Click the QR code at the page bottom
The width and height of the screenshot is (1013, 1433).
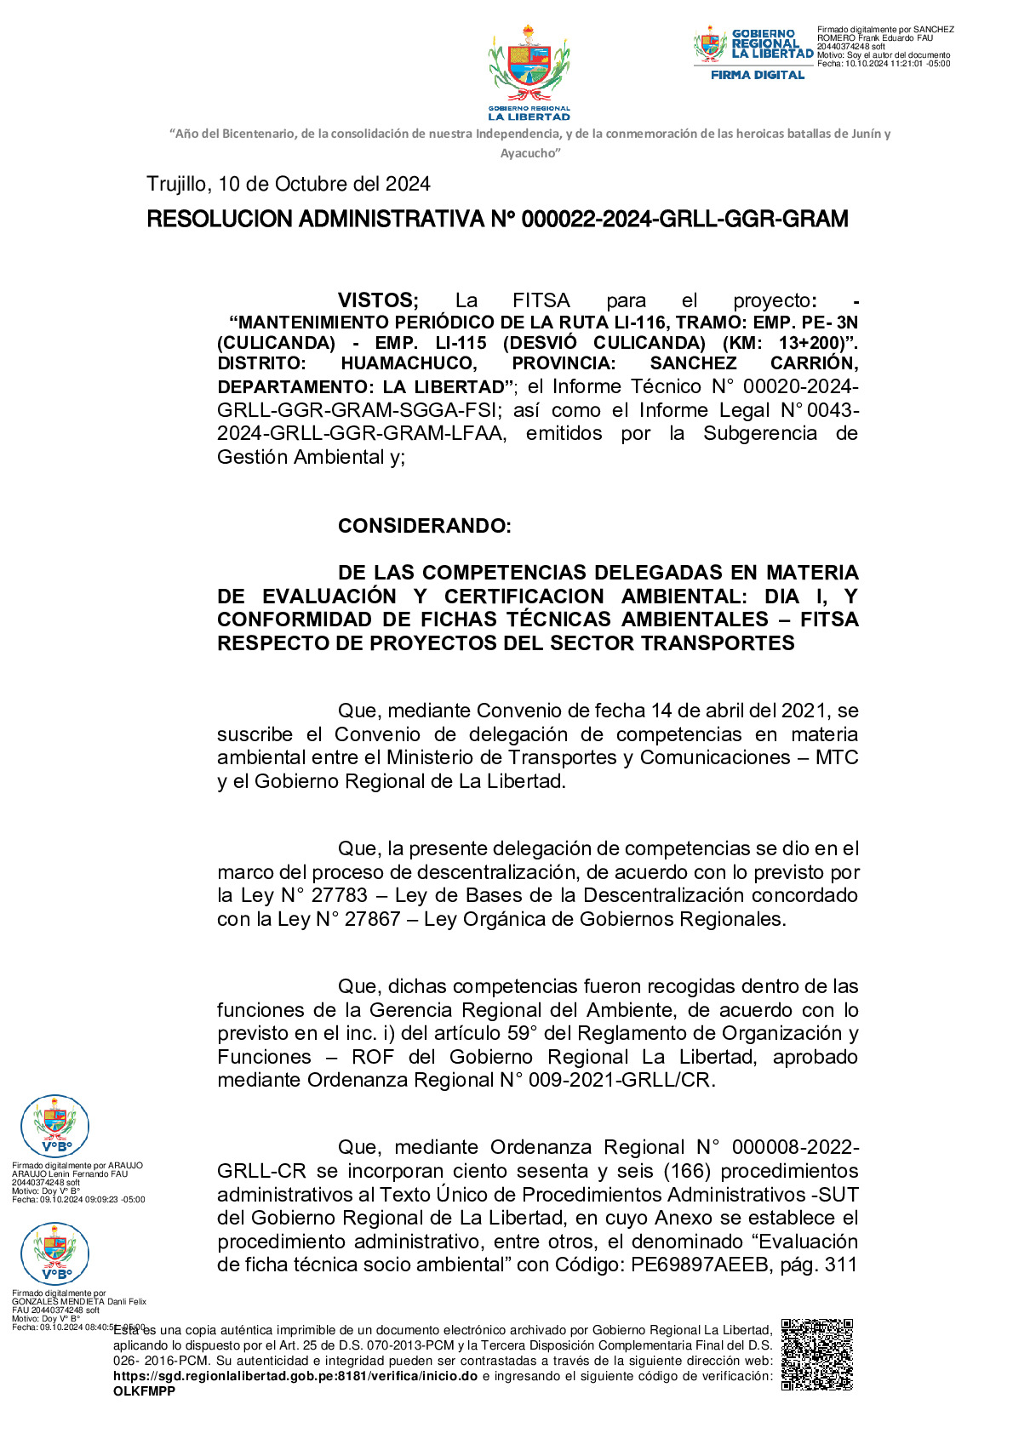tap(816, 1354)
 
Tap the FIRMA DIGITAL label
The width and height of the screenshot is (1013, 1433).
tap(758, 75)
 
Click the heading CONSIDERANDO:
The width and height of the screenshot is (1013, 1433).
tap(424, 526)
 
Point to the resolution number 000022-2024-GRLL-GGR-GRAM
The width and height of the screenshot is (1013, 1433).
tap(684, 220)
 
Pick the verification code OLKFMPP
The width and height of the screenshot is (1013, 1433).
tap(144, 1391)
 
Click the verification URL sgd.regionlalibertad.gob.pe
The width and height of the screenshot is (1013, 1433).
tap(295, 1376)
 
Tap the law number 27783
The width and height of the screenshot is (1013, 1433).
tap(340, 895)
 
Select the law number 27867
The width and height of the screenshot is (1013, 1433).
tap(372, 919)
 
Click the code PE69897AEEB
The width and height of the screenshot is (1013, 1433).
tap(699, 1265)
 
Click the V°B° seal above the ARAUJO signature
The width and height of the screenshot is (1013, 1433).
tap(55, 1126)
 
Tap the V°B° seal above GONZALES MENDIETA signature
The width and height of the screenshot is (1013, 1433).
tap(55, 1253)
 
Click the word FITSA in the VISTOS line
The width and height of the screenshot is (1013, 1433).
tap(541, 300)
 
